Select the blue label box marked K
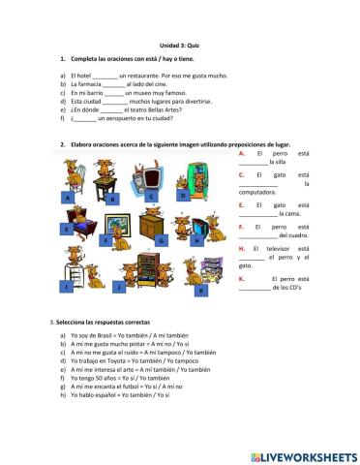point(201,290)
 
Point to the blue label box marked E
point(67,230)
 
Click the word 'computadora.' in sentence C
point(258,192)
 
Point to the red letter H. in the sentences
point(241,249)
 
